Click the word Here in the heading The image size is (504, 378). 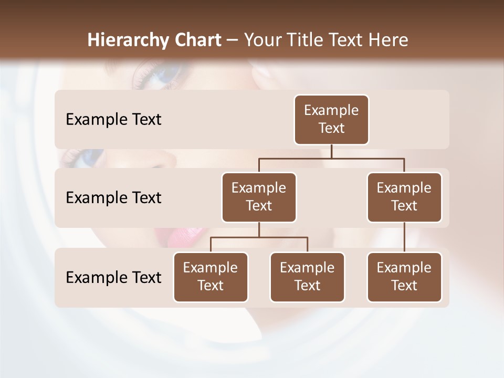[x=388, y=40]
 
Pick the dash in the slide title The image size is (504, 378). [x=233, y=40]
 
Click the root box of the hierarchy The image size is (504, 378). [x=331, y=119]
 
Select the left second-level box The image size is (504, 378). [x=259, y=197]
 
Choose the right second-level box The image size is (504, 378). [x=404, y=197]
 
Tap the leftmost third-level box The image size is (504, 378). [x=211, y=277]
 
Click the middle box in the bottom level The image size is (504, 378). [x=307, y=277]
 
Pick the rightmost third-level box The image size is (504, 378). [x=404, y=277]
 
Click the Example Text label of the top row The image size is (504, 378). [x=113, y=120]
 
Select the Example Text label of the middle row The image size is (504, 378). [x=113, y=198]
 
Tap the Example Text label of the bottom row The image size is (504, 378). [x=113, y=277]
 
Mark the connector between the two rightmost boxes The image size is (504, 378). [x=404, y=237]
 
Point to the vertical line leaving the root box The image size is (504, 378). [x=331, y=151]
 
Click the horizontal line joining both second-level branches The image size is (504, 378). [x=331, y=158]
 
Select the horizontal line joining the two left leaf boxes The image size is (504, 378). [x=259, y=237]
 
